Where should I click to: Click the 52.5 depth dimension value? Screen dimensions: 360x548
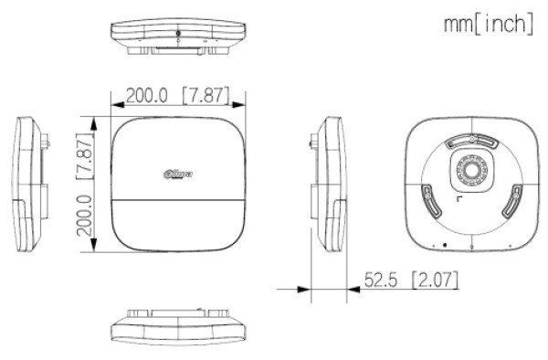[383, 277]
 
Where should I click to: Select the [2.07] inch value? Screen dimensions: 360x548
[434, 277]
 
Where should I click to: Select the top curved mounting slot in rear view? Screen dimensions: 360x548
[470, 141]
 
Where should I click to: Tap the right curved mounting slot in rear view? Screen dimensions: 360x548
[514, 197]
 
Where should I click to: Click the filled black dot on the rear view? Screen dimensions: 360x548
[444, 244]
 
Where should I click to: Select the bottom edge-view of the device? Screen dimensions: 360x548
[177, 325]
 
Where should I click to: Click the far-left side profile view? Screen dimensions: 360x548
[30, 183]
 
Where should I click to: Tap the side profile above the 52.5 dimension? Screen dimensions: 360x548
[331, 183]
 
